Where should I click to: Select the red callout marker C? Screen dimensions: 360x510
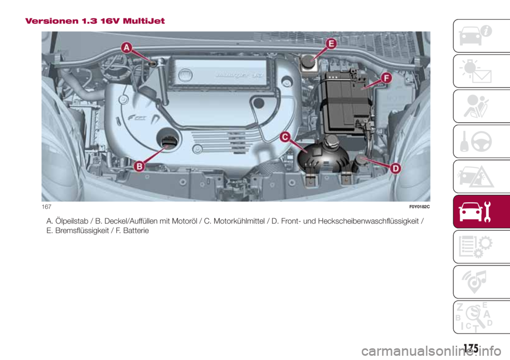click(285, 138)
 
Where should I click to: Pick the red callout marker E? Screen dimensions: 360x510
click(330, 44)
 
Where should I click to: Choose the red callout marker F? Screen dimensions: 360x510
click(385, 78)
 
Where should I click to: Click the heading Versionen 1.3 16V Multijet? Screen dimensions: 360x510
click(95, 21)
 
